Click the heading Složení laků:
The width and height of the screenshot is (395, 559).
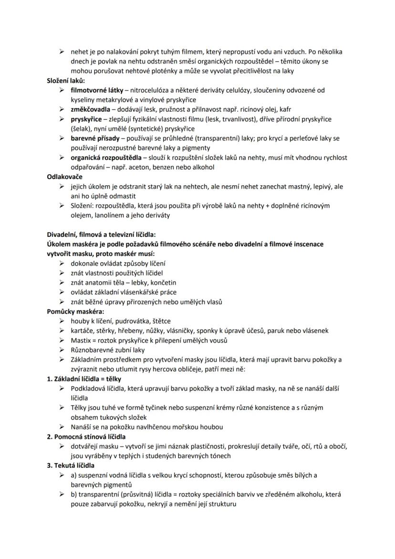[65, 81]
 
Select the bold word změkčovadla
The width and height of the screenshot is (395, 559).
[89, 109]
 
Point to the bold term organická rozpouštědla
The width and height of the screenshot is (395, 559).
[106, 158]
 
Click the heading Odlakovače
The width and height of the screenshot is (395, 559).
[64, 177]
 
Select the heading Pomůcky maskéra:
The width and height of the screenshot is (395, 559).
[75, 312]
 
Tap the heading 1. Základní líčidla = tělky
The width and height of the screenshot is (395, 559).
[84, 379]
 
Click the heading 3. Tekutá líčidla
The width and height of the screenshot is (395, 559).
[71, 465]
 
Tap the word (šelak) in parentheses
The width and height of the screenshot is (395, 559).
[82, 129]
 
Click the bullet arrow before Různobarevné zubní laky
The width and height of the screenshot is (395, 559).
[62, 350]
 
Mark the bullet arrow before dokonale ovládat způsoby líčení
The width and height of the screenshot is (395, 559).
[62, 264]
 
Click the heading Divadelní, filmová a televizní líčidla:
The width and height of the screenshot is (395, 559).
[101, 234]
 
